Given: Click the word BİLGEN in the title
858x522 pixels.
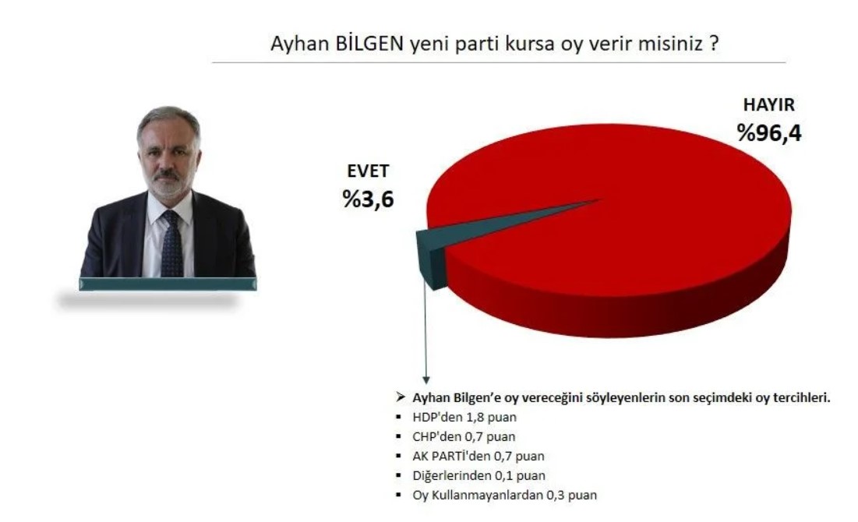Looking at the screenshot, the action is click(369, 43).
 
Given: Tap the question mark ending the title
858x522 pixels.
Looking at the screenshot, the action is click(714, 43).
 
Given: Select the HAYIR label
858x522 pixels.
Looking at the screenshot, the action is click(768, 104).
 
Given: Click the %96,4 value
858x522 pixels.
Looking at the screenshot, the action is click(769, 133).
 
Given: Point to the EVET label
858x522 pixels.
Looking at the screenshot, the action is click(368, 171).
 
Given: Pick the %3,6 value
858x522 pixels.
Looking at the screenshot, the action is click(368, 199).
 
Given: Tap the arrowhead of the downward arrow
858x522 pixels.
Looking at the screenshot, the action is click(425, 379).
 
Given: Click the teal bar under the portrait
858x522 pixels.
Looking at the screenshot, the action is click(168, 284).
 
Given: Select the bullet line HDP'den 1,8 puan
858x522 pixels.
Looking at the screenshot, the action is click(464, 417).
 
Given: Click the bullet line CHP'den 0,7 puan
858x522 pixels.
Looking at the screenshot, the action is click(464, 436).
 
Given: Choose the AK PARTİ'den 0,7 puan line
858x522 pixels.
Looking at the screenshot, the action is click(478, 456).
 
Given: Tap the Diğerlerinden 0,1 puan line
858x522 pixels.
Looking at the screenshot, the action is click(478, 475).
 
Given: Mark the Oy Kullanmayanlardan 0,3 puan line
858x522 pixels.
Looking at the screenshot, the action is click(504, 496).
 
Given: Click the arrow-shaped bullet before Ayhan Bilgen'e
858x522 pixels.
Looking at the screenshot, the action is click(401, 397).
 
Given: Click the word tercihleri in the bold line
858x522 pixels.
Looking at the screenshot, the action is click(801, 398).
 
